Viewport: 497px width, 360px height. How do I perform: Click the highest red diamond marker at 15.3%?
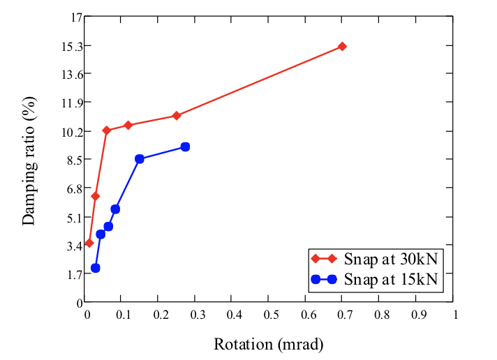click(342, 46)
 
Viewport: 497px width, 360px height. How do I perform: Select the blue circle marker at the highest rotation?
click(185, 147)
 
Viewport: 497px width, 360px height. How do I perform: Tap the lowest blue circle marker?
click(95, 268)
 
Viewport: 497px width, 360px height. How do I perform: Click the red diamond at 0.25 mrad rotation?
click(177, 115)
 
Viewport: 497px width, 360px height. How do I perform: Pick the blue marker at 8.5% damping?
click(140, 159)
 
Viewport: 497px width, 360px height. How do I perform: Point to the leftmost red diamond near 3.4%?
click(89, 243)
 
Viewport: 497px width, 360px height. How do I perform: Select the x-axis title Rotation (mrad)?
click(269, 344)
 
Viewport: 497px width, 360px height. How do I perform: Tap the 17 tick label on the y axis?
click(70, 17)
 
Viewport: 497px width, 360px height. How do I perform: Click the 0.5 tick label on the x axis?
click(268, 315)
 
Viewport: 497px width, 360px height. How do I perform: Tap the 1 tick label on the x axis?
click(455, 315)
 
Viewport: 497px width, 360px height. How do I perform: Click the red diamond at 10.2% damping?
click(107, 130)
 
